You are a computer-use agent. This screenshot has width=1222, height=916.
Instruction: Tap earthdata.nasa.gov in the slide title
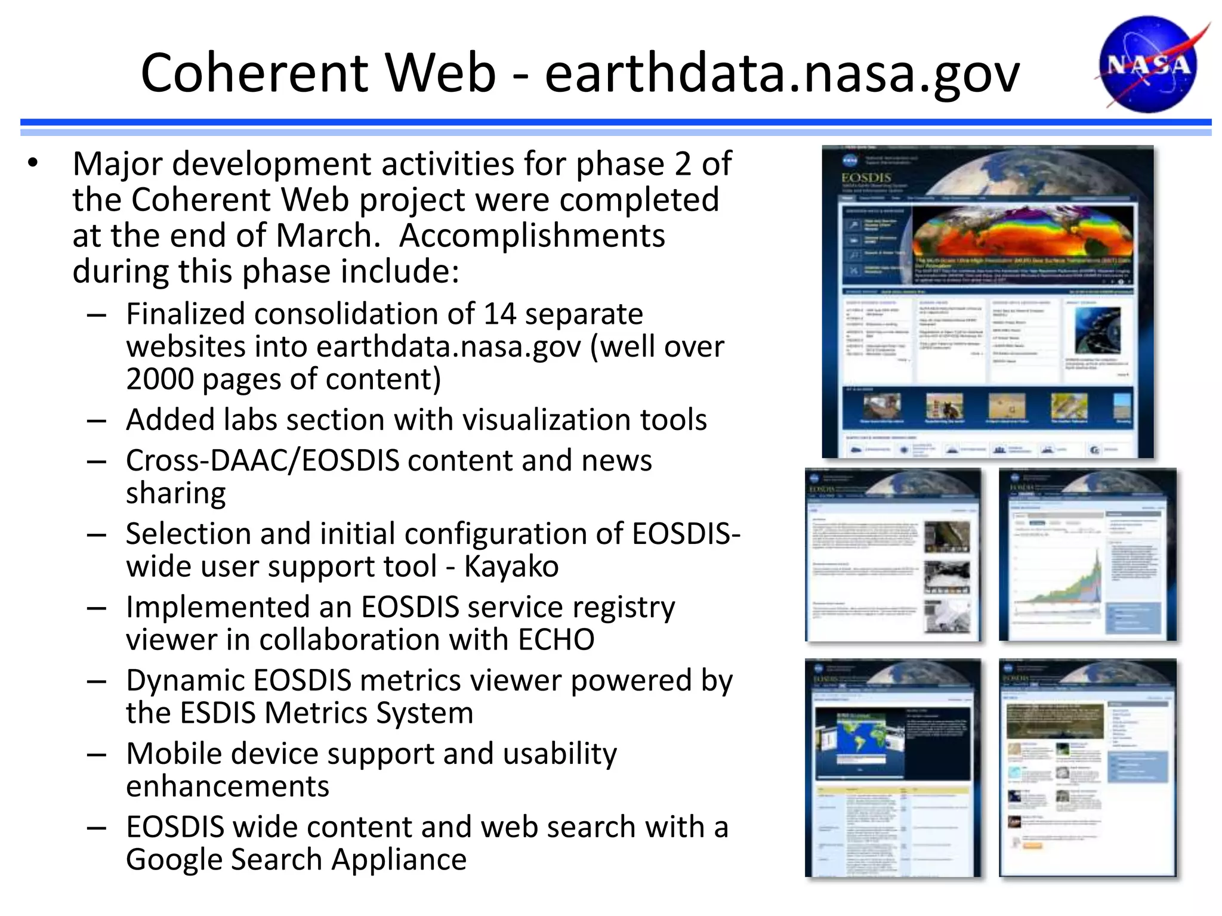coord(782,74)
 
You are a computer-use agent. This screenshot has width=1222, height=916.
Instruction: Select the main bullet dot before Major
coord(33,163)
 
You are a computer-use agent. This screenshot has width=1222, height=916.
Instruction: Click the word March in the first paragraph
coord(327,236)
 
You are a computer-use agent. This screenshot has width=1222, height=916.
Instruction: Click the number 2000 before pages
coord(158,379)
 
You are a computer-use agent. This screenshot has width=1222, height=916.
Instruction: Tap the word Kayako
coord(511,567)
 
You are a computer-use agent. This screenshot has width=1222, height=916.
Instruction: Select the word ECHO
coord(556,640)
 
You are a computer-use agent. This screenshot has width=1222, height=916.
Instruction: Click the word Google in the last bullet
coord(174,860)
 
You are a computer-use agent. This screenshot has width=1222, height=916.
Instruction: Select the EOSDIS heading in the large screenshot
coord(866,178)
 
